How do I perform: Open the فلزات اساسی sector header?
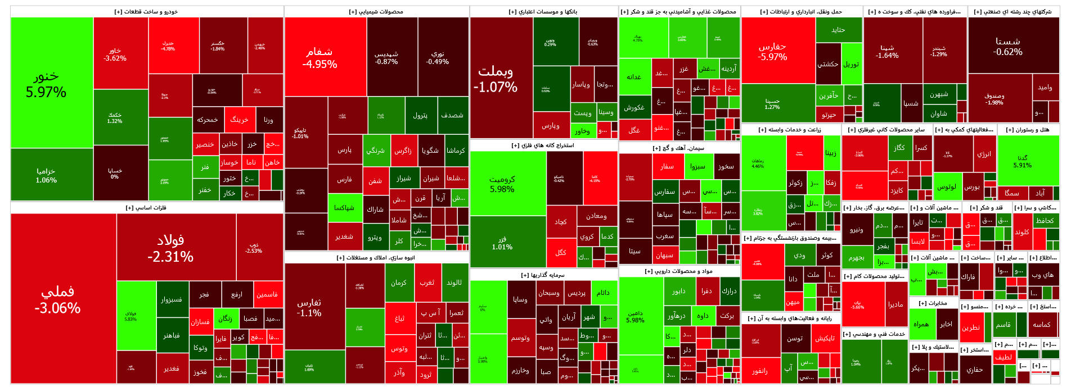(x=146, y=208)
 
